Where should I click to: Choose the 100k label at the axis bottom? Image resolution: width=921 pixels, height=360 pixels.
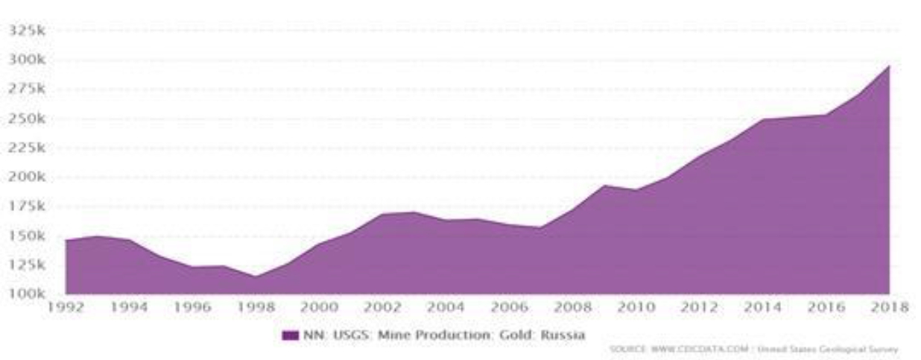25,294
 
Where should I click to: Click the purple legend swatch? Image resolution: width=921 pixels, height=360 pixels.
290,335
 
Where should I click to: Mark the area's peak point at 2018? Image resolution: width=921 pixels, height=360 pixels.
889,66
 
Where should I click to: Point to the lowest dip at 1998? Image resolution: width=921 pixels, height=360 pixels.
256,277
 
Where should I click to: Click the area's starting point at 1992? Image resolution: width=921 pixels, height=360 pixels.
66,240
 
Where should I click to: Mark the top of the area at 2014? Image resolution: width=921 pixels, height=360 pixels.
762,119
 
